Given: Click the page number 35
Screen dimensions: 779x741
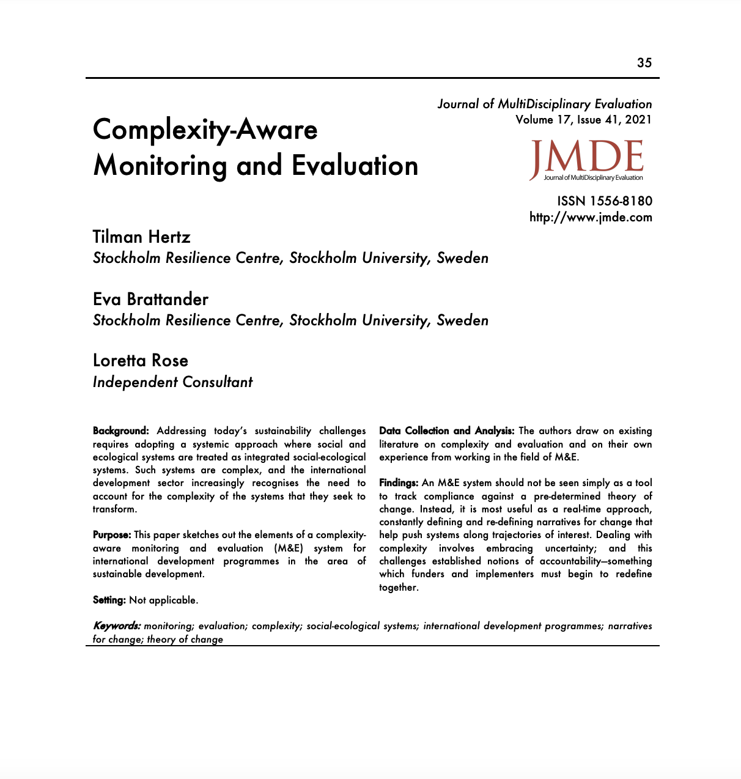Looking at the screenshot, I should click(644, 63).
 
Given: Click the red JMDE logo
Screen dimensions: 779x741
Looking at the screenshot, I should click(587, 160).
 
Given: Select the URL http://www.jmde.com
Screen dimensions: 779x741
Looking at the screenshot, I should click(591, 217).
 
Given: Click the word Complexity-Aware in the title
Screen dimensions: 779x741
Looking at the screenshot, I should click(205, 130).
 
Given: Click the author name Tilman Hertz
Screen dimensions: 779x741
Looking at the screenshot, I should click(142, 237).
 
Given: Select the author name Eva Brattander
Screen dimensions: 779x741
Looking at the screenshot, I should click(150, 300).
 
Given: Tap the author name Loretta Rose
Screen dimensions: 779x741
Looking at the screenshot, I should click(141, 361).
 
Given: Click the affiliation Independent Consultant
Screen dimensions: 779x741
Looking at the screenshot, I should click(172, 382).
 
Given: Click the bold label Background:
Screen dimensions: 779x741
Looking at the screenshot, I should click(121, 431).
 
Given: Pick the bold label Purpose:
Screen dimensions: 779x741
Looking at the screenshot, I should click(112, 535).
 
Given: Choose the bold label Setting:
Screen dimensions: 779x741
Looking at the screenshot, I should click(109, 600).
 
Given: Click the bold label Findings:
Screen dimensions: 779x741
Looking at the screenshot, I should click(399, 483).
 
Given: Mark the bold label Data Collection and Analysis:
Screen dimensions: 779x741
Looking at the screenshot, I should click(447, 431).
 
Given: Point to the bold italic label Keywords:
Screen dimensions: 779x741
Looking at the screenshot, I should click(117, 626).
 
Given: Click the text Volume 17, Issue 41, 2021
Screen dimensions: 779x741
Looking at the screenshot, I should click(583, 120).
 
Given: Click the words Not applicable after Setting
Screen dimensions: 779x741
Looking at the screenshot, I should click(163, 600).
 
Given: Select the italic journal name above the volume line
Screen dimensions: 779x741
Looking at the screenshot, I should click(545, 104).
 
